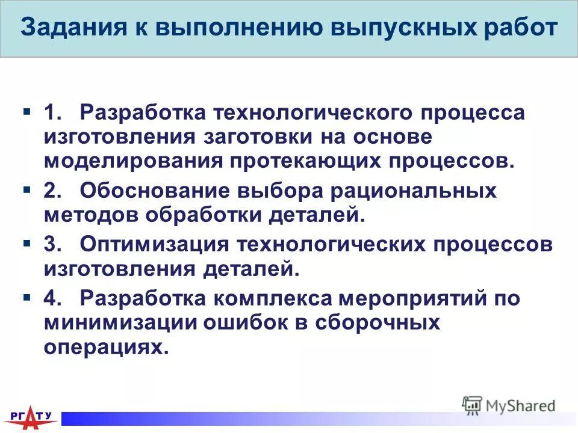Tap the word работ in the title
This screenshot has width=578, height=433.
pos(518,28)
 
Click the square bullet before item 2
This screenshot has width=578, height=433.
pos(27,190)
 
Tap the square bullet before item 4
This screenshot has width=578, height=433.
pos(27,297)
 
